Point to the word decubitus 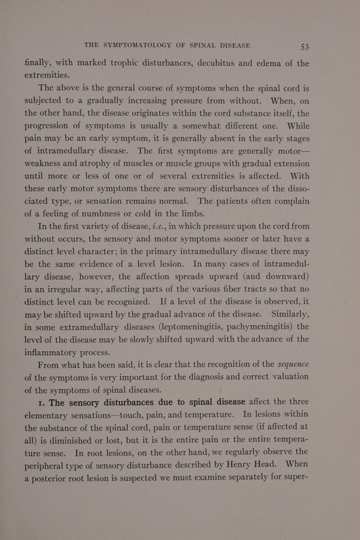pos(222,64)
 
